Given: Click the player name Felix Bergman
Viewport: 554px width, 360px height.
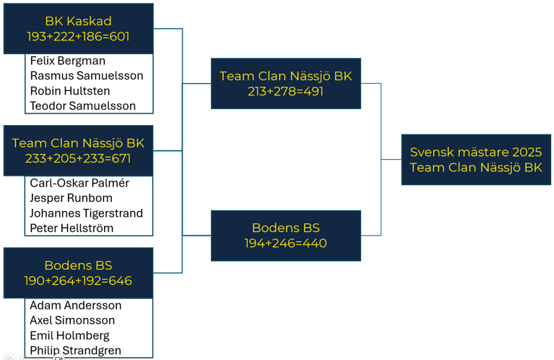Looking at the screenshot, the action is [67, 61].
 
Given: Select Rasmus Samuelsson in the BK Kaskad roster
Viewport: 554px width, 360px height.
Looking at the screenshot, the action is [87, 76].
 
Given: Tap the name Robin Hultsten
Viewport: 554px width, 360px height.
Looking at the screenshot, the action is [70, 91].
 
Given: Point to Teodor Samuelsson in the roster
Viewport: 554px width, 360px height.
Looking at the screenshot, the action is [82, 106].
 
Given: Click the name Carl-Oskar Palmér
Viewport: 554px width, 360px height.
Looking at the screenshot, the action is [79, 183].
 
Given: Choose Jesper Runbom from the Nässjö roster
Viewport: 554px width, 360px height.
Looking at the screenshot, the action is [71, 198].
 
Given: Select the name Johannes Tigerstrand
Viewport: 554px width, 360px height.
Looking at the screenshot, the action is [86, 213].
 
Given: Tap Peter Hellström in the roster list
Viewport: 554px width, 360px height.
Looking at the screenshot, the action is [72, 228].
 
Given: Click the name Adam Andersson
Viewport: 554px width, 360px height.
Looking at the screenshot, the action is [76, 305].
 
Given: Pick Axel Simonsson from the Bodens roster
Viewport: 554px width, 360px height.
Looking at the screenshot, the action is [72, 320].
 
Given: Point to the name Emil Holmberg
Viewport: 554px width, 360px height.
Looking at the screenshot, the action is [69, 335].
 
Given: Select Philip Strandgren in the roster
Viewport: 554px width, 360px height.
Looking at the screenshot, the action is [75, 351].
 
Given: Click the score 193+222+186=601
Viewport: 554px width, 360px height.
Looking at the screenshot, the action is [78, 36].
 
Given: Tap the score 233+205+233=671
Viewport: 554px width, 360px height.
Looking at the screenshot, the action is [78, 158].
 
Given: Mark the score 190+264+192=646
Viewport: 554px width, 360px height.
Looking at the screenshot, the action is [78, 280].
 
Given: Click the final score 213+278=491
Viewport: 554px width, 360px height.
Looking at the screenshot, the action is [285, 91].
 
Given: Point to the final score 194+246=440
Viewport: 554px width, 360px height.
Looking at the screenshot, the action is [285, 244].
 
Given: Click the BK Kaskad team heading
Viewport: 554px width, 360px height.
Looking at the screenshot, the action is [78, 21].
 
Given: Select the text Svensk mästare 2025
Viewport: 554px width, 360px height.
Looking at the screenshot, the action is [476, 152].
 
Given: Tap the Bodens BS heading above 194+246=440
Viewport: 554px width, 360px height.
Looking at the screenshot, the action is [286, 228].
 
